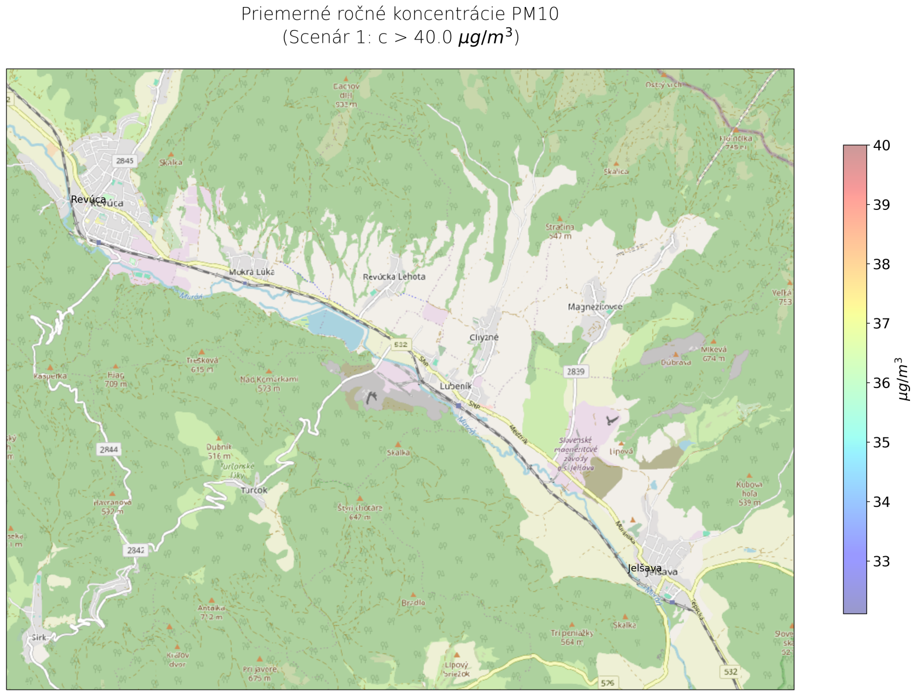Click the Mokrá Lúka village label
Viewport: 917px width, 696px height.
(251, 271)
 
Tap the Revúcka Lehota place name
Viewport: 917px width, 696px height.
(394, 277)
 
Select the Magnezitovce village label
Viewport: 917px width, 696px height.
(595, 306)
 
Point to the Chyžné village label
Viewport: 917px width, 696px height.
(484, 337)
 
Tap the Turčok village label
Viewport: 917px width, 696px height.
(254, 490)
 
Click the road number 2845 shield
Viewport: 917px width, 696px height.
(124, 161)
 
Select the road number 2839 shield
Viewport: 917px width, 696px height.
(576, 371)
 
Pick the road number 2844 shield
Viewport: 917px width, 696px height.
(109, 449)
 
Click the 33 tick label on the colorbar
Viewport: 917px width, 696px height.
(882, 561)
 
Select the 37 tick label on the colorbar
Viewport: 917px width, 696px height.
(882, 324)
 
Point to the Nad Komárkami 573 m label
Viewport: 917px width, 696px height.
(269, 383)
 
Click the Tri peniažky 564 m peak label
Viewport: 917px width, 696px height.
(572, 637)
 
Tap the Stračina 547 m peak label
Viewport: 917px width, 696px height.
(559, 231)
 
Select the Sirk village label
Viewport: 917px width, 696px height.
(39, 637)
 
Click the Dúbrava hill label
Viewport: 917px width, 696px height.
(676, 362)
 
